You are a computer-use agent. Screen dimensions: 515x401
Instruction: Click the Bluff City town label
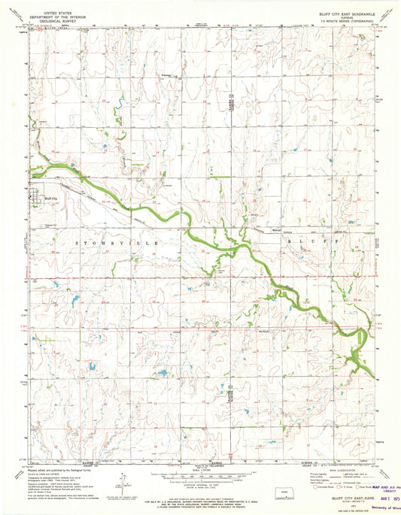[x=50, y=198]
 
